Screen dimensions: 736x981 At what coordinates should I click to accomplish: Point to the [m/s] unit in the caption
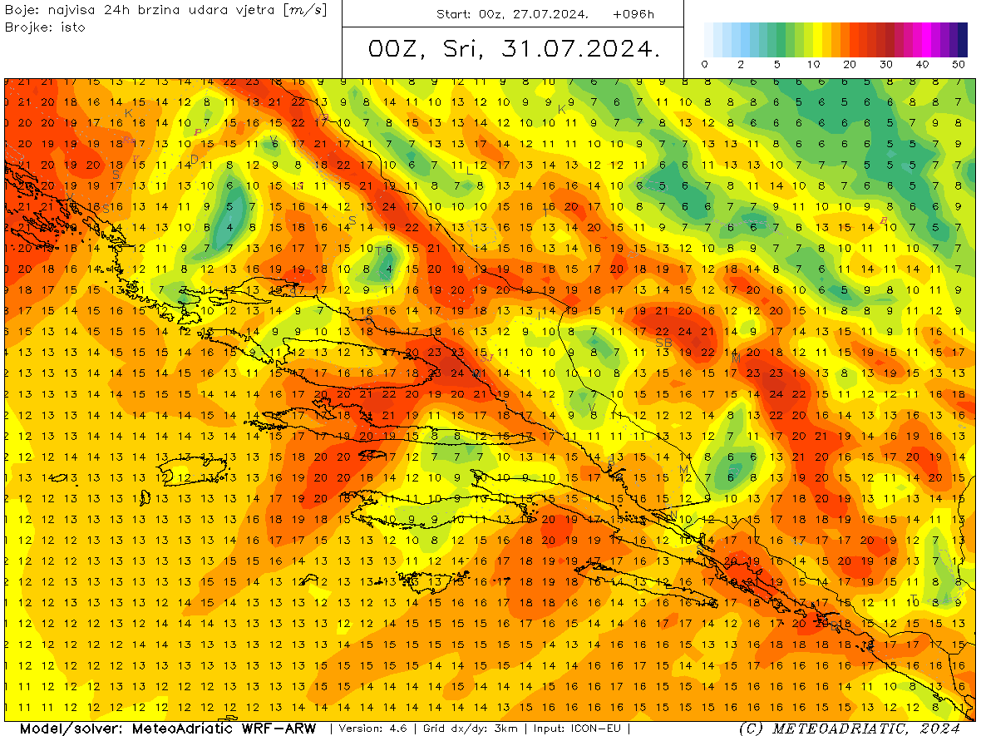pos(305,10)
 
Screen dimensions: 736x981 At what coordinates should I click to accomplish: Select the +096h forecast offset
pos(633,14)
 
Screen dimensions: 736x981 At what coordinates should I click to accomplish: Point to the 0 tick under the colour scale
pos(705,65)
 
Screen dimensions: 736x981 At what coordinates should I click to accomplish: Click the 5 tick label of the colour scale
pos(776,65)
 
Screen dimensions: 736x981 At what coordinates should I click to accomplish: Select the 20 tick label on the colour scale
pos(849,65)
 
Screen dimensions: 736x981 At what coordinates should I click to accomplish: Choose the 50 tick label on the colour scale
pos(959,65)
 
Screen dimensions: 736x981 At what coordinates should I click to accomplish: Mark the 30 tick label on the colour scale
pos(886,65)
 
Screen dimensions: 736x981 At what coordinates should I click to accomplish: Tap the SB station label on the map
pos(663,343)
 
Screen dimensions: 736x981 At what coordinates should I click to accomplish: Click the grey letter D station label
pos(194,160)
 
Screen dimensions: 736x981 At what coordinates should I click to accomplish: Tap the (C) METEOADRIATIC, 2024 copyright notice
pos(850,729)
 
